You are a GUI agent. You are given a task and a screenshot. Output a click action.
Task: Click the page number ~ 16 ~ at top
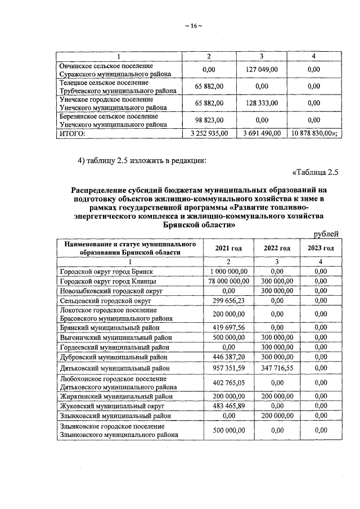pyautogui.click(x=192, y=26)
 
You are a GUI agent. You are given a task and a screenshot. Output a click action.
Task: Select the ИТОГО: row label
pyautogui.click(x=73, y=133)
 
